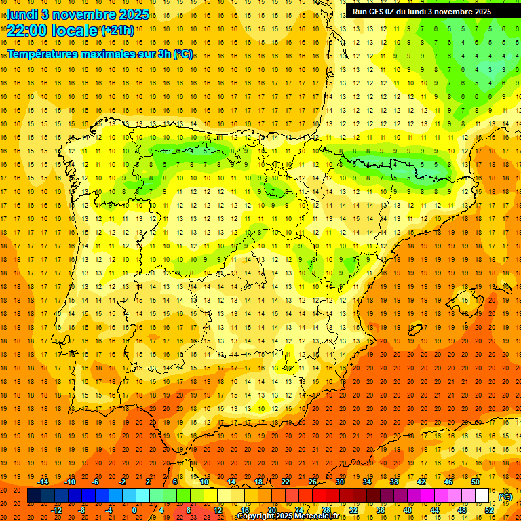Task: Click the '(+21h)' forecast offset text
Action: coord(117,31)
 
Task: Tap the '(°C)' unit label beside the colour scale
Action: coord(505,497)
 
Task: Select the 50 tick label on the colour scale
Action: coord(476,482)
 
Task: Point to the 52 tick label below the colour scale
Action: coord(489,509)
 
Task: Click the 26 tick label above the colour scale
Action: coord(313,482)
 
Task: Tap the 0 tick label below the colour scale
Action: coord(134,509)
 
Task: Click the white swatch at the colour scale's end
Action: coord(482,496)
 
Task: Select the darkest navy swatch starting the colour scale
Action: coord(34,496)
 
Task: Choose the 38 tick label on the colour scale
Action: coord(394,482)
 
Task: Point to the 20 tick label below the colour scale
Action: coord(272,509)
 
